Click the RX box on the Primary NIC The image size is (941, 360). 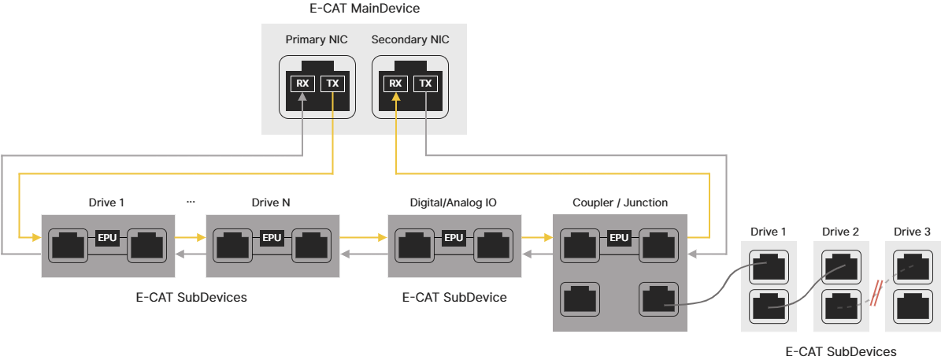point(302,84)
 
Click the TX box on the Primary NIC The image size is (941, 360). point(332,84)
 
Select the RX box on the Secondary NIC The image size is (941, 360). point(395,84)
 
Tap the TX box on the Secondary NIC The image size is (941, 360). point(425,84)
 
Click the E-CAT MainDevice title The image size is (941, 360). point(365,9)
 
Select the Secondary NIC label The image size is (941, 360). point(409,39)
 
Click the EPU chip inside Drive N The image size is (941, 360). point(272,238)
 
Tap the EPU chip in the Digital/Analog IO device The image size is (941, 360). point(454,238)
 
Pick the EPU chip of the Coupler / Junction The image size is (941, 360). point(620,238)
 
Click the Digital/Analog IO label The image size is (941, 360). point(454,202)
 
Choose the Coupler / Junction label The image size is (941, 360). point(620,202)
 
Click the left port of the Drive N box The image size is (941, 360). point(232,247)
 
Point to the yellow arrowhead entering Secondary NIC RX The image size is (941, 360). point(395,98)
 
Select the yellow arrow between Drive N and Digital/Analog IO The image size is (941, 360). point(364,235)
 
